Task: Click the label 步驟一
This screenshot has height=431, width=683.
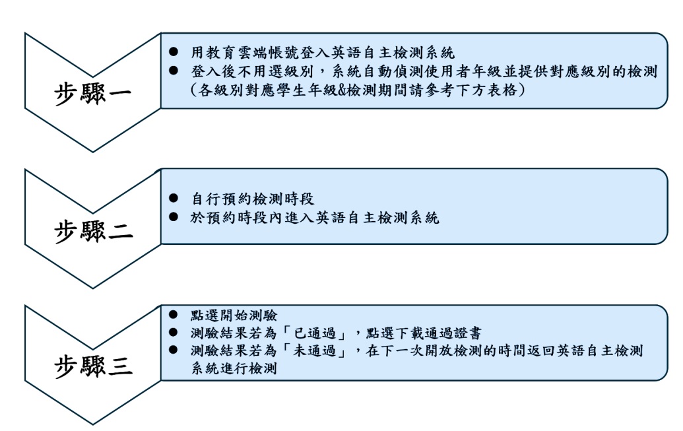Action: pyautogui.click(x=92, y=93)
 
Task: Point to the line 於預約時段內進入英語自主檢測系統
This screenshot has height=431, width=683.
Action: pyautogui.click(x=314, y=218)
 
